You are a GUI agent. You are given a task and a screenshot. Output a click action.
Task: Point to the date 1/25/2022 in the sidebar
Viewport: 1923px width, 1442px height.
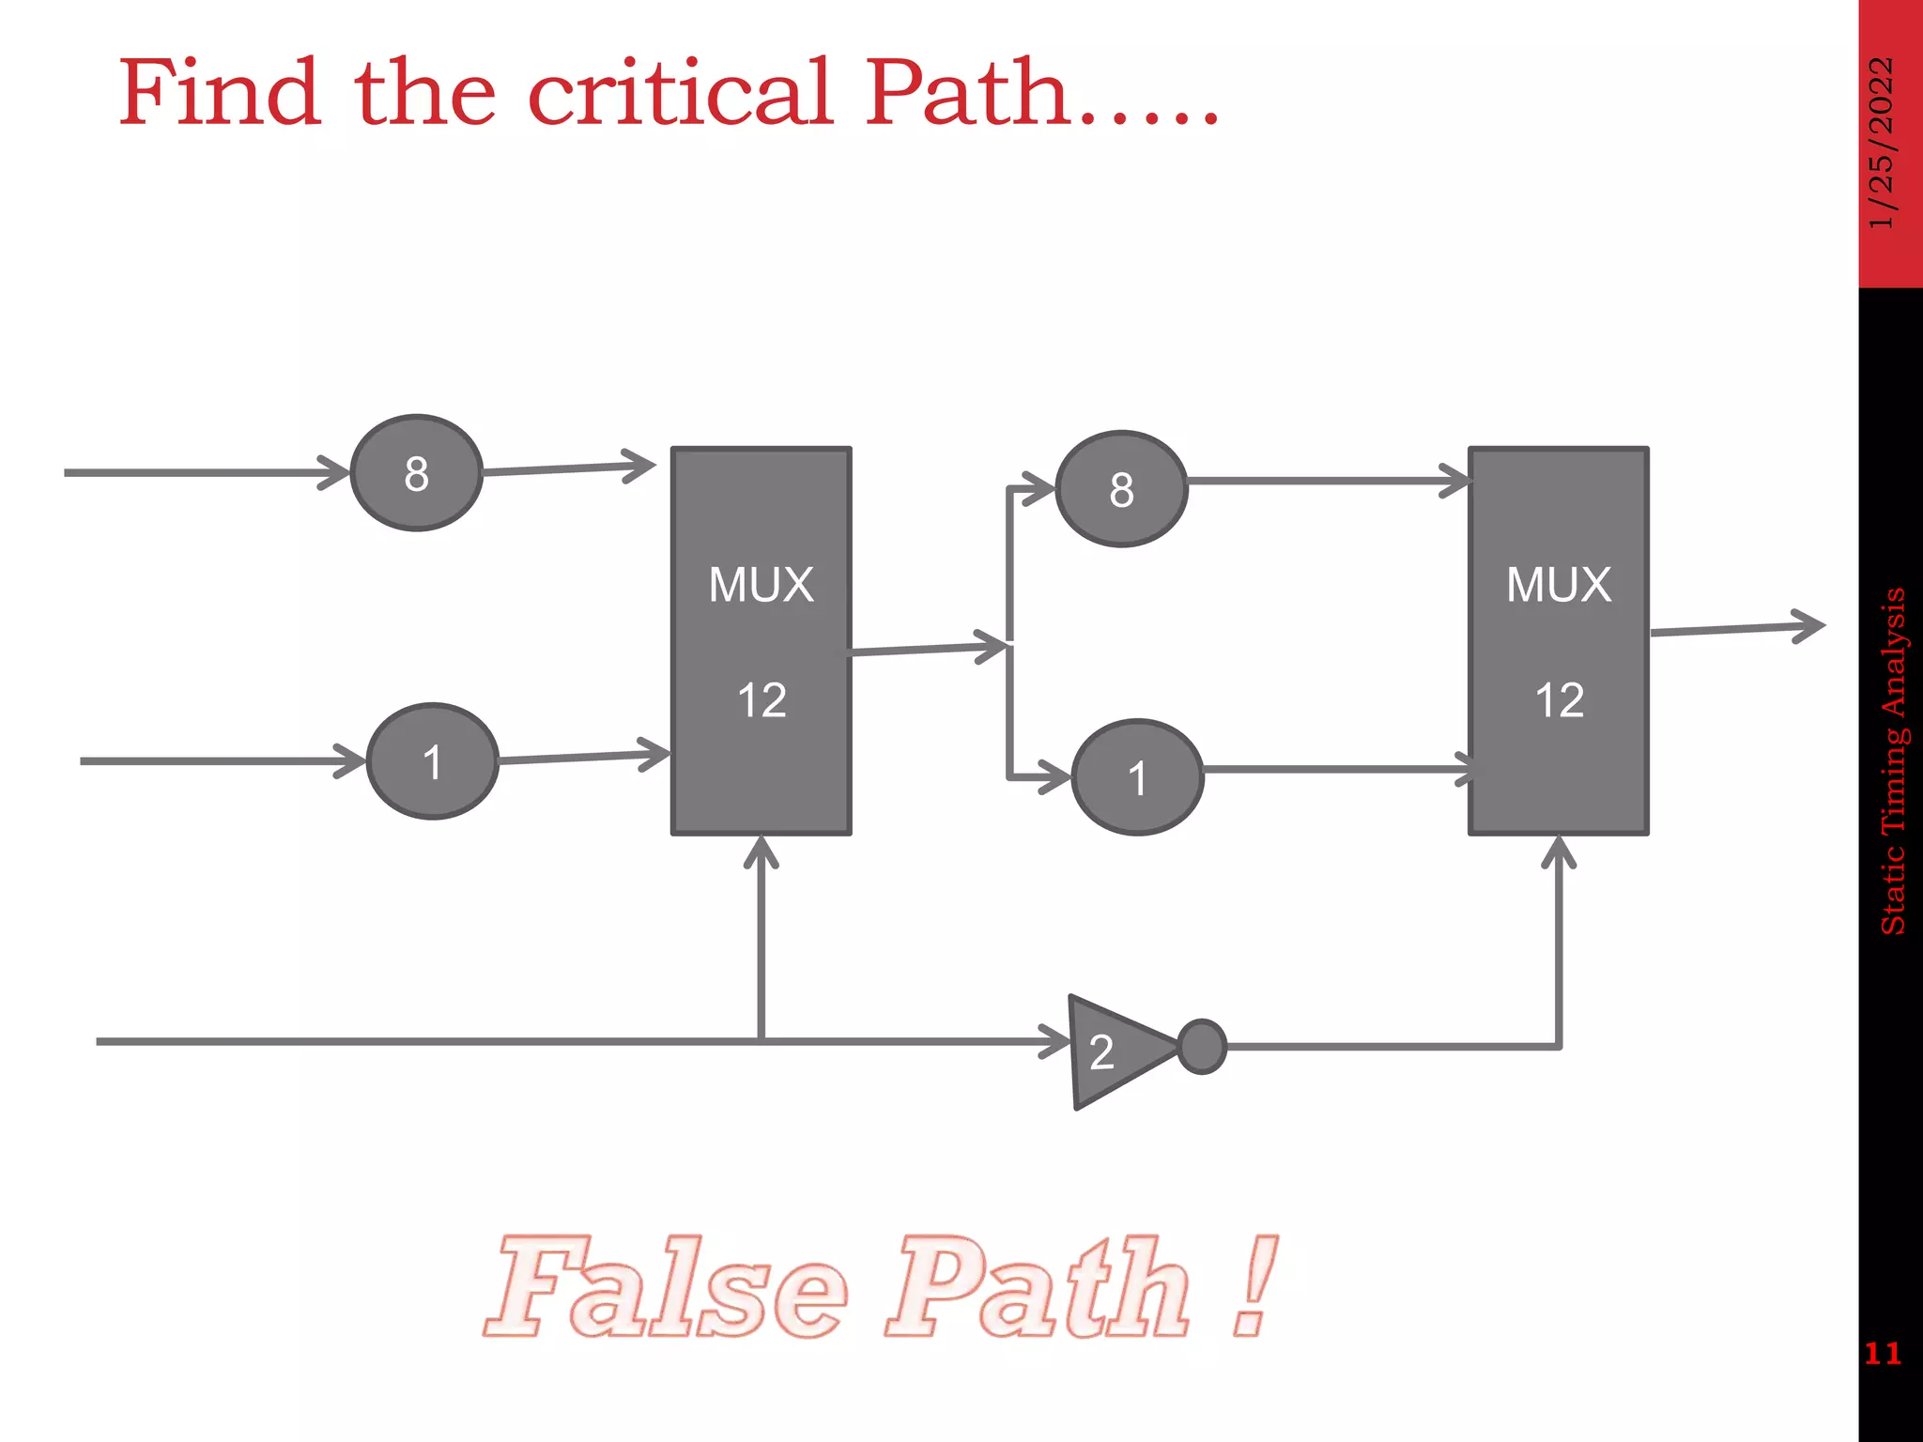1882,143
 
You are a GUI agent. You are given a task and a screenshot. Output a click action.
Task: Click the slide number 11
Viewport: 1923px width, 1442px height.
1882,1353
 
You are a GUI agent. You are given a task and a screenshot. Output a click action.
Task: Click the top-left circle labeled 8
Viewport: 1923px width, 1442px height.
416,473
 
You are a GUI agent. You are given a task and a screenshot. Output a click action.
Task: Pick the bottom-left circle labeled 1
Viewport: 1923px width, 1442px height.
432,761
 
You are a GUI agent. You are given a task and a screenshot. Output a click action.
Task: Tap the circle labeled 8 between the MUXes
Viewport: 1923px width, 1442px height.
1121,489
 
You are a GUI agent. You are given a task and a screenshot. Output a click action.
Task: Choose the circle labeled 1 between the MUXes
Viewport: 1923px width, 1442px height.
1137,777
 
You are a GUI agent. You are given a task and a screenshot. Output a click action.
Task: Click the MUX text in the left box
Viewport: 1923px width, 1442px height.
761,585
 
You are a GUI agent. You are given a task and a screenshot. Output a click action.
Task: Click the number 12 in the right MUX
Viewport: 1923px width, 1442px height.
1559,700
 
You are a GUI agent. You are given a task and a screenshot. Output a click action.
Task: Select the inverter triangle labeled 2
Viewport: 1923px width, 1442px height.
1113,1051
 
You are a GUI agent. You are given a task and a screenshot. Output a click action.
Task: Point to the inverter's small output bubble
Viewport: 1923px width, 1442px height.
1202,1046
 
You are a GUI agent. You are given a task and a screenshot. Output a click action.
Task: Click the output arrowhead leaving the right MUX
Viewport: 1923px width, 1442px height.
1808,626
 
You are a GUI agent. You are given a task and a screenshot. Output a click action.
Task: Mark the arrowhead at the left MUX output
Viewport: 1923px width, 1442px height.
992,647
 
